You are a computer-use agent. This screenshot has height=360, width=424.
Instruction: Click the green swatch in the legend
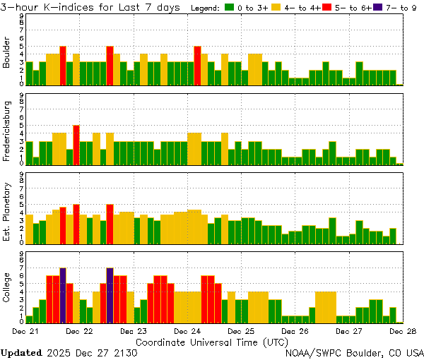click(229, 7)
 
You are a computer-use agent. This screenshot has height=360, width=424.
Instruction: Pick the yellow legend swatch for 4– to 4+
click(276, 7)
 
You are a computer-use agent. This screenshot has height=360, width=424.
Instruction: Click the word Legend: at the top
click(204, 7)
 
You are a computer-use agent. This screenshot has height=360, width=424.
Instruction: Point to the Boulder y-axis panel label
click(7, 53)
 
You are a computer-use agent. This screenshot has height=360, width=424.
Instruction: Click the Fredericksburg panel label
click(7, 133)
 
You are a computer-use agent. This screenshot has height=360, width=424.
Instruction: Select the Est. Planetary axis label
click(7, 211)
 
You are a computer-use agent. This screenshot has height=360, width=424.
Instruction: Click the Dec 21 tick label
click(25, 330)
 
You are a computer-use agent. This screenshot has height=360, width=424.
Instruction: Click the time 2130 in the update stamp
click(124, 352)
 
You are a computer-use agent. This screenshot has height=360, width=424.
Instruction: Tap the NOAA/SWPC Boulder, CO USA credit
click(354, 352)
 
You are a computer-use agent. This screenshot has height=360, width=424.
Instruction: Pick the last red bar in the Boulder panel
click(197, 65)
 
